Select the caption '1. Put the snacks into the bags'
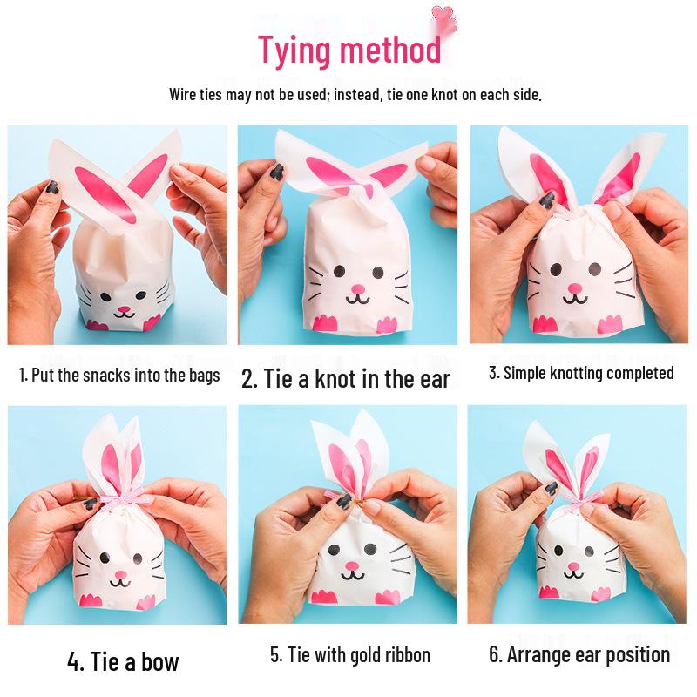pyautogui.click(x=119, y=376)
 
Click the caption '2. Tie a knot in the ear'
pyautogui.click(x=346, y=379)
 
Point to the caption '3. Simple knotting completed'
pyautogui.click(x=581, y=373)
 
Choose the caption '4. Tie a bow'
pyautogui.click(x=123, y=661)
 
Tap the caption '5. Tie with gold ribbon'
pyautogui.click(x=349, y=654)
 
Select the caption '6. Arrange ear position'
pyautogui.click(x=579, y=654)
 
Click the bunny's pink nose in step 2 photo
pyautogui.click(x=355, y=288)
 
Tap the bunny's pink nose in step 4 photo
pyautogui.click(x=121, y=575)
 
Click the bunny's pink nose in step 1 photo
pyautogui.click(x=124, y=308)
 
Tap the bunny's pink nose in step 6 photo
pyautogui.click(x=574, y=567)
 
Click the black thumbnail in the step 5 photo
pyautogui.click(x=343, y=501)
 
